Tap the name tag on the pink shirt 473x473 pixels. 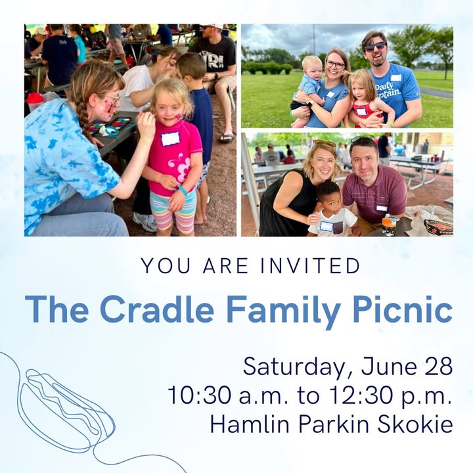click(170, 139)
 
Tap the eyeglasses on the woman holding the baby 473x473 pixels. click(335, 64)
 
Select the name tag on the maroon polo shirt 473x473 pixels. click(382, 208)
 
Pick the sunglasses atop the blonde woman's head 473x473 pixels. click(325, 143)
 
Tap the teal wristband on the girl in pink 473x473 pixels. click(183, 191)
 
